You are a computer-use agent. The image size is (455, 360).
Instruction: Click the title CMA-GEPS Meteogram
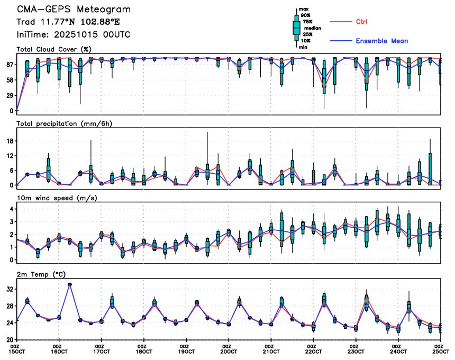tap(74, 10)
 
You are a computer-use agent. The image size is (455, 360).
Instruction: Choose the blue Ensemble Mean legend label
tap(381, 41)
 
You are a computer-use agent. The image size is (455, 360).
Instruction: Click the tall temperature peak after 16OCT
tap(70, 284)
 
